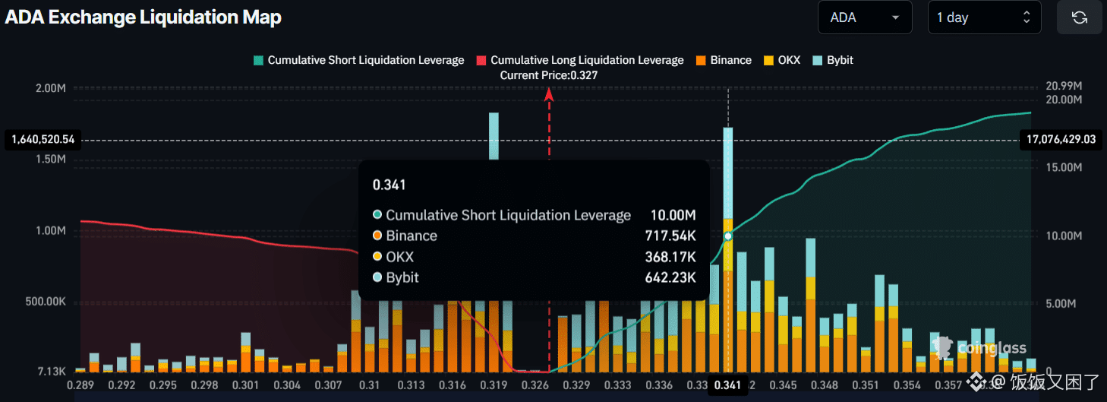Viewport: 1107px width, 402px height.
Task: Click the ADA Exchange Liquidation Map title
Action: click(143, 17)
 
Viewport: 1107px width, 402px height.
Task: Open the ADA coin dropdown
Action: click(864, 17)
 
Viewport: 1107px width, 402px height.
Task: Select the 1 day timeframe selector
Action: click(983, 17)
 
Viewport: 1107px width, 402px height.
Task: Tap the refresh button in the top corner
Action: click(1079, 17)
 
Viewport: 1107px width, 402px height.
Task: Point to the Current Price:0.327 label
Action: click(548, 75)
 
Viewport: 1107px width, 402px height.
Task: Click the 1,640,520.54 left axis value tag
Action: click(43, 140)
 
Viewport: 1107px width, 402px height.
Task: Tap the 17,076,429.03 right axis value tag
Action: click(1061, 139)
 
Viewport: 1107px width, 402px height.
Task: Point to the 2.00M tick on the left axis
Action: click(51, 88)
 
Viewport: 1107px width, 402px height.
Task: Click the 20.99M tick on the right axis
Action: click(1064, 86)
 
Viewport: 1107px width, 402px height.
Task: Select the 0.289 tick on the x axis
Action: click(80, 385)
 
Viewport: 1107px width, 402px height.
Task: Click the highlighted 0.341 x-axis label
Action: click(727, 385)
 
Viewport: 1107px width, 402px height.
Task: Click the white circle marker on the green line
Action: click(728, 236)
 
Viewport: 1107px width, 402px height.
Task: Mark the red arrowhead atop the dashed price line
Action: click(548, 94)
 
